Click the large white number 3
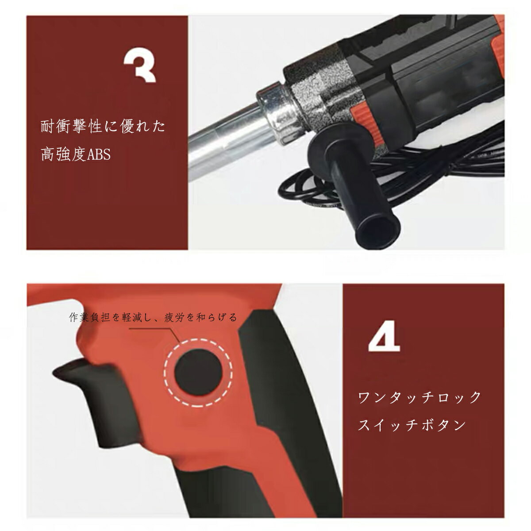[x=140, y=67]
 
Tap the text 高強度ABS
[x=75, y=155]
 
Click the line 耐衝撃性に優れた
[x=103, y=127]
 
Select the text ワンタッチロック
[x=419, y=397]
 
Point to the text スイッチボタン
[x=412, y=425]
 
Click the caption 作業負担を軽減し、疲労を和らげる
[x=153, y=317]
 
